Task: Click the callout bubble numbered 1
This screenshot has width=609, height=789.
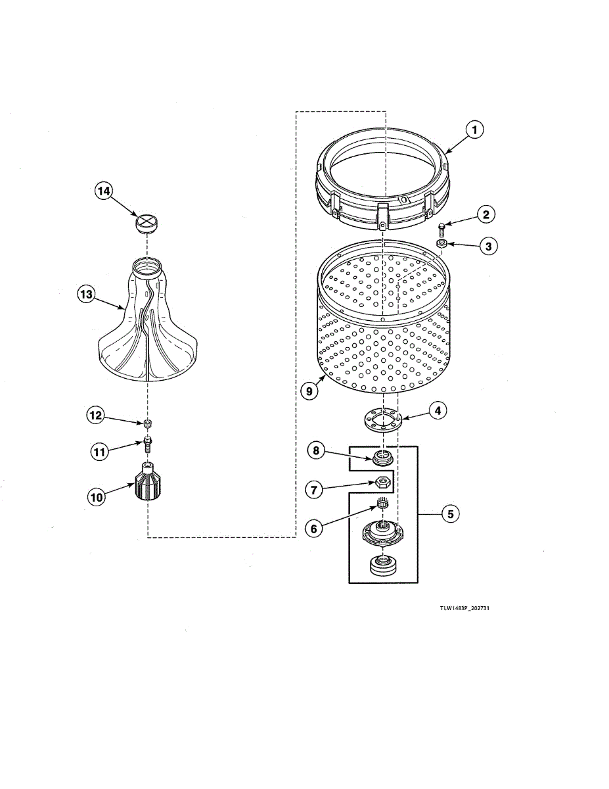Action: point(474,130)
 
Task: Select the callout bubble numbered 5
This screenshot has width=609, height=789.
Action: point(449,514)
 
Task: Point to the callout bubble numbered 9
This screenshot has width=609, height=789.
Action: point(308,391)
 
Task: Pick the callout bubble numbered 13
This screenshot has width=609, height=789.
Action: point(86,295)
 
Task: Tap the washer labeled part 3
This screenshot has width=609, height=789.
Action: point(441,245)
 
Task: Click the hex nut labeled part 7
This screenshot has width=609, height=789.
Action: point(380,483)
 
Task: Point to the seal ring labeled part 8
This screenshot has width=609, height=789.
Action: point(382,457)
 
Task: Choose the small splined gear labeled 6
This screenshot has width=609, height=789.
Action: point(381,505)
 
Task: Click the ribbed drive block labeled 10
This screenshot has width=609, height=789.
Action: point(150,483)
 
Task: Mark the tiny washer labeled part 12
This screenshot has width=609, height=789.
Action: point(148,422)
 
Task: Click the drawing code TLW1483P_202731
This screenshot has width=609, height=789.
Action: point(464,608)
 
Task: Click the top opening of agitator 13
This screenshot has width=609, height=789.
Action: point(147,265)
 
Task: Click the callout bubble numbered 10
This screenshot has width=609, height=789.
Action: point(97,497)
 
